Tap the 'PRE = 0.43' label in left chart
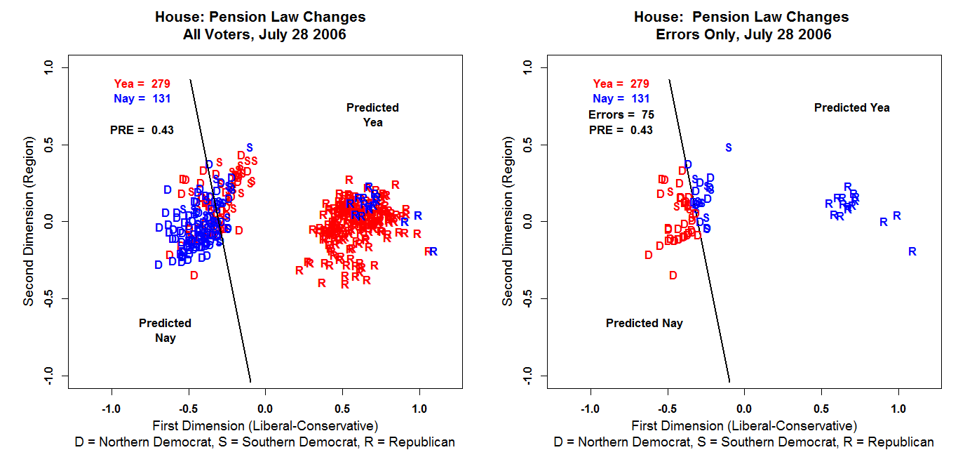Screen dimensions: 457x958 tap(142, 130)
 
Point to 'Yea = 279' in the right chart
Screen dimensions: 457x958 tap(621, 84)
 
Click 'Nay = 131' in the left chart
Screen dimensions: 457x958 tap(142, 99)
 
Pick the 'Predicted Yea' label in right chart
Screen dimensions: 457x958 tap(851, 107)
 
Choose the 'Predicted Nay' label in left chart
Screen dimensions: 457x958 tap(165, 330)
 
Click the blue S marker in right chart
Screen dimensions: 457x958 tap(728, 147)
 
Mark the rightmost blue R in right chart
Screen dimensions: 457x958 tap(912, 251)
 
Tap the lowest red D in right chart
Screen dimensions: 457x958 tap(673, 275)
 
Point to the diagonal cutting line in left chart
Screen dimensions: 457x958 tap(221, 232)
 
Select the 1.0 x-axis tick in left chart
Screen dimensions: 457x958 tap(419, 409)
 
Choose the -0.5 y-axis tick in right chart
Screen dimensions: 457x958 tap(528, 298)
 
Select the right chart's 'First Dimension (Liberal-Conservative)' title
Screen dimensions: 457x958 tap(744, 425)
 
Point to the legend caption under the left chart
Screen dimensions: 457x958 tap(264, 442)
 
